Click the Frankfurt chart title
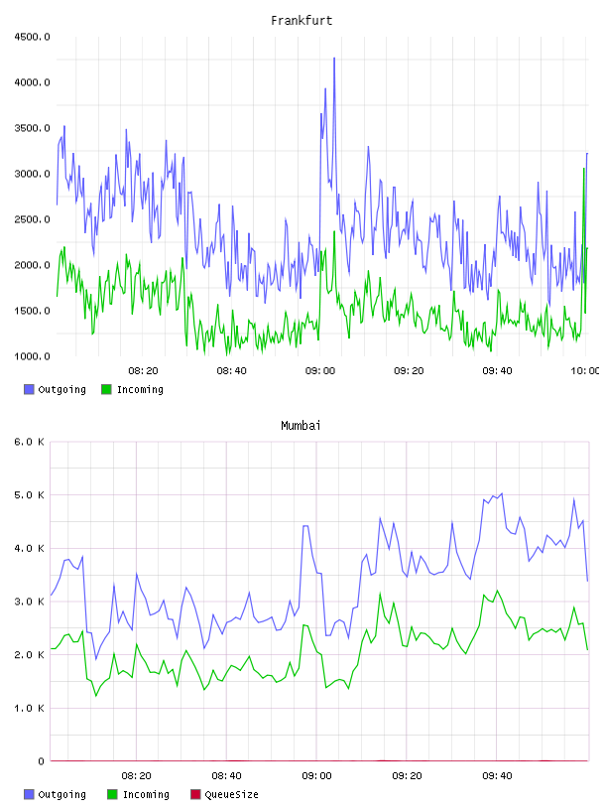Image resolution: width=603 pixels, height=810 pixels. point(301,21)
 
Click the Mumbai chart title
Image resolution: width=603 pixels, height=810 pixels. point(301,426)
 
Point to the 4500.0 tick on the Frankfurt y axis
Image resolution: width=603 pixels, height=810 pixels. point(32,37)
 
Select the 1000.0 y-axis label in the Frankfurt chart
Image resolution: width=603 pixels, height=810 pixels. point(32,356)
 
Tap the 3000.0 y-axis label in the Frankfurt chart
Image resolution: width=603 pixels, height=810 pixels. point(32,174)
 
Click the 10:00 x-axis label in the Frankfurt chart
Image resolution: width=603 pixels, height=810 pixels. point(585,371)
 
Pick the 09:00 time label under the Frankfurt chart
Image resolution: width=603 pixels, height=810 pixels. point(320,371)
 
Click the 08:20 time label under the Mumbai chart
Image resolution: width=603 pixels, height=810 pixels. point(136,776)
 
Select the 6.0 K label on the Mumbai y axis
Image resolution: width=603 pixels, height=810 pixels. point(29,442)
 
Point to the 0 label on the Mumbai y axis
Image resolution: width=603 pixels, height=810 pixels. point(41,761)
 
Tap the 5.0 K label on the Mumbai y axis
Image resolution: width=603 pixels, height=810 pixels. point(29,495)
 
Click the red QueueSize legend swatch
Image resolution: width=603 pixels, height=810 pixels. point(195,794)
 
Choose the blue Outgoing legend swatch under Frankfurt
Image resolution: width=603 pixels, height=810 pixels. point(29,389)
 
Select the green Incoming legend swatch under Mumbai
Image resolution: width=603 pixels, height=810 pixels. point(112,794)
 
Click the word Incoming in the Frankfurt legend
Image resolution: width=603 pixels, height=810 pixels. point(140,390)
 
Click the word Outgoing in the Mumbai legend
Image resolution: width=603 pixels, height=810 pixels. point(61,795)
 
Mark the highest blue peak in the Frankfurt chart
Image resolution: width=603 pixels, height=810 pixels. point(334,59)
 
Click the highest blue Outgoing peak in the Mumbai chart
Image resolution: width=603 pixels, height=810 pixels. point(502,494)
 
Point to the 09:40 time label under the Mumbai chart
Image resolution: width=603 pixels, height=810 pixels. point(497,776)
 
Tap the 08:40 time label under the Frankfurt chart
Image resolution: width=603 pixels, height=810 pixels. point(231,371)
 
